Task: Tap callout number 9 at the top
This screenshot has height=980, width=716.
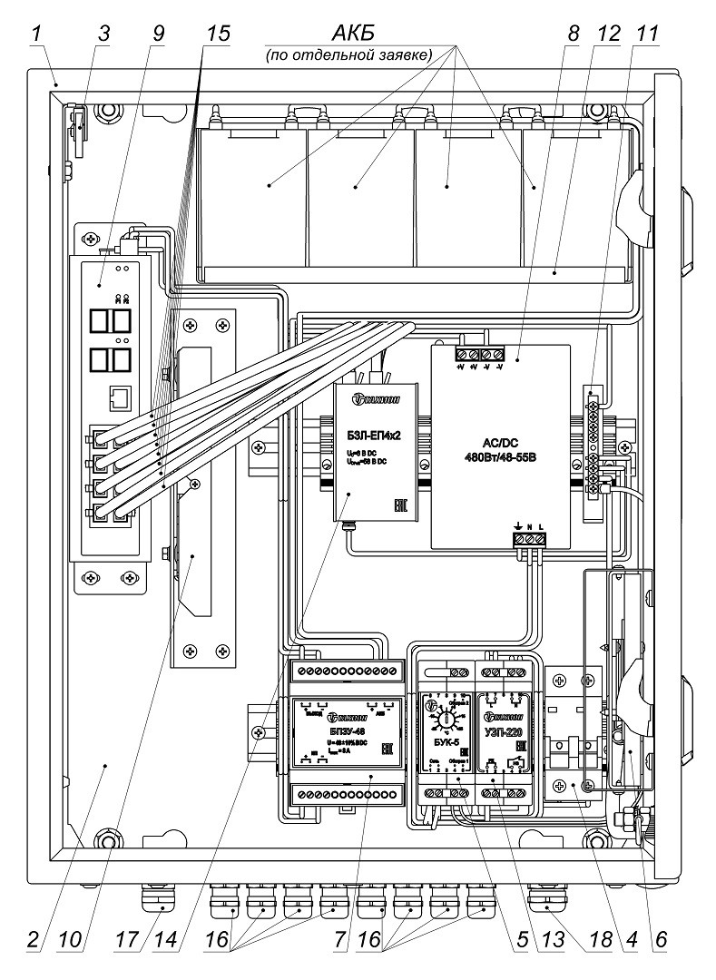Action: pos(159,34)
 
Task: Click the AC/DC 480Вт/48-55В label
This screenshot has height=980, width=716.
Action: pos(497,450)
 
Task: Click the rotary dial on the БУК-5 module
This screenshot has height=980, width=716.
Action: pos(444,718)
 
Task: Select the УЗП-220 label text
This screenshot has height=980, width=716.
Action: pos(505,731)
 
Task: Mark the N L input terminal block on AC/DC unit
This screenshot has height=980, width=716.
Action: pos(531,538)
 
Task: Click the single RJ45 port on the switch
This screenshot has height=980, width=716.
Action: pos(117,396)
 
